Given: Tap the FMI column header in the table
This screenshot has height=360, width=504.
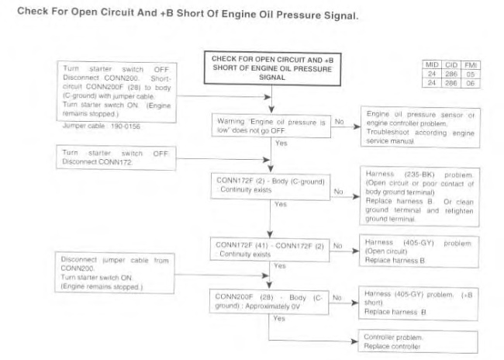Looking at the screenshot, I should click(468, 64).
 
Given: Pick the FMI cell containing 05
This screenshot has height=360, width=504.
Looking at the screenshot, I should click(468, 73).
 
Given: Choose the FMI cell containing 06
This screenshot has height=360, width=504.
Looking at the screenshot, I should click(468, 81).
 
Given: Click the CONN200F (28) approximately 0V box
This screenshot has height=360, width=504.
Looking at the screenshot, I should click(268, 301).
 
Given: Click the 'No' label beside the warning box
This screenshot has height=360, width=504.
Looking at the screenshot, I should click(339, 122).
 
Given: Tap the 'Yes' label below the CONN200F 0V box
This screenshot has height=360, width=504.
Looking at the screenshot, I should click(279, 319).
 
